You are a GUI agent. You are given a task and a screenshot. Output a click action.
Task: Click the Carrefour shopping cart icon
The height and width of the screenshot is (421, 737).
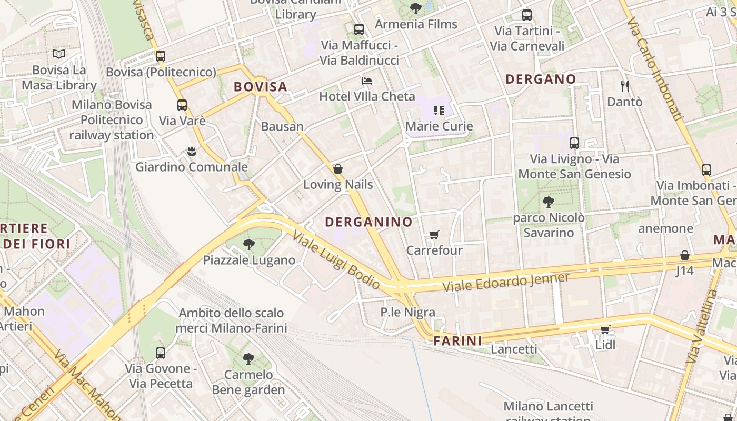tap(434, 235)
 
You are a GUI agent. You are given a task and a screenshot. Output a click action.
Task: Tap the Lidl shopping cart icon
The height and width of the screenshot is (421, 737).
tap(605, 330)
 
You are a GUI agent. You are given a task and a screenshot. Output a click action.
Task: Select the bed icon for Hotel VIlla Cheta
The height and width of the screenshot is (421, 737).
tap(367, 81)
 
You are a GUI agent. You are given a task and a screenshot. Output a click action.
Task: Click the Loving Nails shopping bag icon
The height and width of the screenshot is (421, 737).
tap(338, 169)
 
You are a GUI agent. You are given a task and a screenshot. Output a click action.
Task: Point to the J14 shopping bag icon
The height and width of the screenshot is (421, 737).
tap(685, 255)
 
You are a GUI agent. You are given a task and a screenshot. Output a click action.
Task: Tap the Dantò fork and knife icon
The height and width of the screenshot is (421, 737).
tap(625, 86)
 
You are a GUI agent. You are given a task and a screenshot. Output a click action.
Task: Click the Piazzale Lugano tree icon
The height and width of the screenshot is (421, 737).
tap(249, 245)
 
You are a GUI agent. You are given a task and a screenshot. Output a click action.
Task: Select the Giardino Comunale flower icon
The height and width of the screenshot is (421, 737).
tap(192, 152)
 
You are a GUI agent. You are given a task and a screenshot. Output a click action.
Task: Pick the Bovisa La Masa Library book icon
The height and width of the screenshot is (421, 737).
tap(59, 54)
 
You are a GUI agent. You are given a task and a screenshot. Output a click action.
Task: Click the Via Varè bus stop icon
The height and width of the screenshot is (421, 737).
tap(182, 105)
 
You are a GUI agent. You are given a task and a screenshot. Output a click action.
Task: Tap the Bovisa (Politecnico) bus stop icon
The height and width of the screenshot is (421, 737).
tap(161, 56)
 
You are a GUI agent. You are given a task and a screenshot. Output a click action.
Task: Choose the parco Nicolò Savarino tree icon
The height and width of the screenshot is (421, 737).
tap(548, 202)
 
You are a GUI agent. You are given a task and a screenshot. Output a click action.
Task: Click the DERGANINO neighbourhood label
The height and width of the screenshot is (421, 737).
tap(368, 222)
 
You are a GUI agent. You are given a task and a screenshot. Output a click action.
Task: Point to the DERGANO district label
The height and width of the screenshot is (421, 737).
tap(541, 79)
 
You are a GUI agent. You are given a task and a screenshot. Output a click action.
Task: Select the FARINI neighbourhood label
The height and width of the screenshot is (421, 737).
tap(457, 340)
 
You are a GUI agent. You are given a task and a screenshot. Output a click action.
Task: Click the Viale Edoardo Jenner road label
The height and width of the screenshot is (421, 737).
tap(506, 283)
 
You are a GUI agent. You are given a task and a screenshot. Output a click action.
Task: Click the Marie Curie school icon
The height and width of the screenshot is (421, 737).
tap(439, 111)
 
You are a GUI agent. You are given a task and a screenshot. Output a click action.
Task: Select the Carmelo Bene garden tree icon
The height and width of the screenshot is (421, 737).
tap(248, 359)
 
